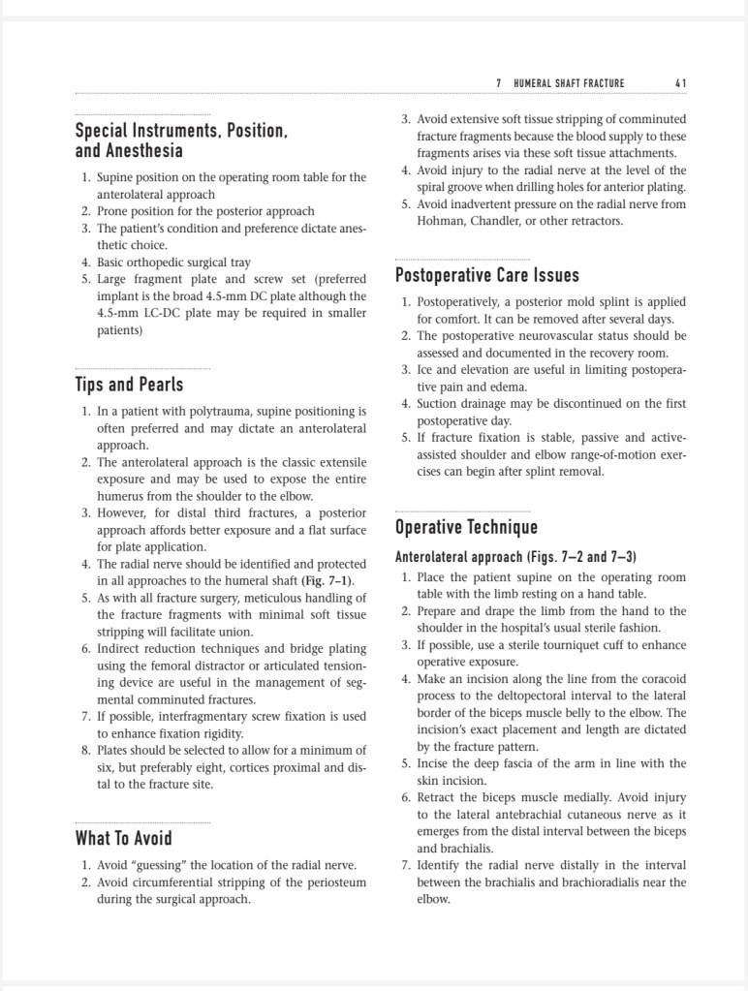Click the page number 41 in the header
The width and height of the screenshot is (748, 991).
(x=680, y=83)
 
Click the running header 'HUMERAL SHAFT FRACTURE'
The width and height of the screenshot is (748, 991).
(x=569, y=83)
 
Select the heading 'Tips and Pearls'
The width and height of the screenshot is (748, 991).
(x=129, y=385)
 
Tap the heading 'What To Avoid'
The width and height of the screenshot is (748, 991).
(x=123, y=839)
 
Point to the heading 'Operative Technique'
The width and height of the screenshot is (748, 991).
(x=465, y=528)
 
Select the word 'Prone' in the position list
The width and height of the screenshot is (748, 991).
(x=113, y=211)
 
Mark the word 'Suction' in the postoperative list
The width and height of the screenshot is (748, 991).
(x=438, y=404)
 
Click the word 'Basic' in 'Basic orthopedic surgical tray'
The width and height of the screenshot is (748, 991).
(x=112, y=262)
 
